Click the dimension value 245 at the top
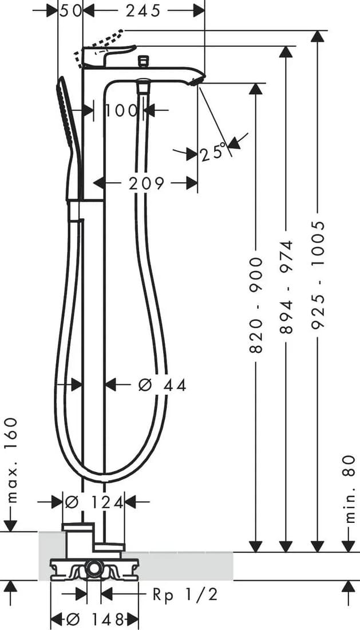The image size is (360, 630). (143, 11)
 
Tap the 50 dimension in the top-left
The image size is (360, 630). (70, 11)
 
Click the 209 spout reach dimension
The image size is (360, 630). (147, 183)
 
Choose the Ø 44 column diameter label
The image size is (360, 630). (163, 385)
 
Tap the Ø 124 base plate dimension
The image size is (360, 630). (93, 502)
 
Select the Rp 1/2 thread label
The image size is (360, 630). (185, 594)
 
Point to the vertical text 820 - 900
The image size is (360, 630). (256, 305)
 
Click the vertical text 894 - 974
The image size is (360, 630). (287, 288)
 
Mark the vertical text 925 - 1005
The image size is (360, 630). (317, 275)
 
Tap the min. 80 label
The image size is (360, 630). (350, 489)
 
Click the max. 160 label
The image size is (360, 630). (13, 460)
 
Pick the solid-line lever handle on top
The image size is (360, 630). (108, 56)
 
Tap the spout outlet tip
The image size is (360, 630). (197, 80)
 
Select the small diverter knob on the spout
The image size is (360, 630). (143, 61)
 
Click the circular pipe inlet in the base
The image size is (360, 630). (94, 569)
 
